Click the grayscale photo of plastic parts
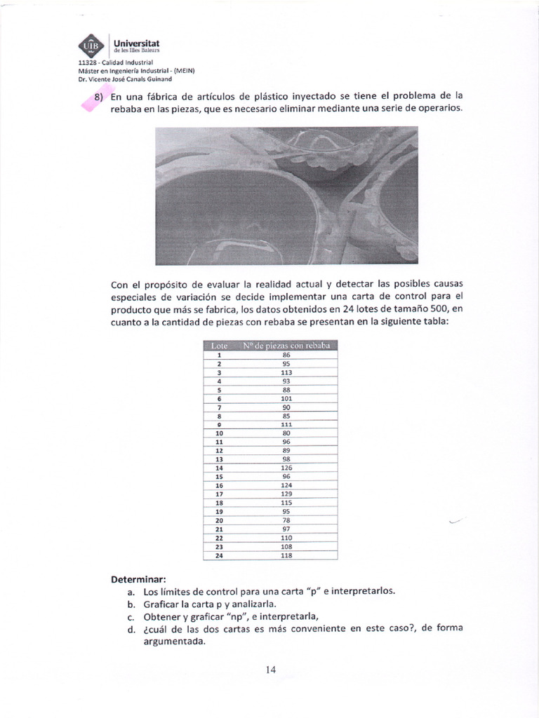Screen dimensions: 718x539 (286, 196)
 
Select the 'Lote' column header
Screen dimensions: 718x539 (220, 346)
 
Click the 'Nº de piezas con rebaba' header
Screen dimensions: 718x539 (286, 346)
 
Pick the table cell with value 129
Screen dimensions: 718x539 (286, 494)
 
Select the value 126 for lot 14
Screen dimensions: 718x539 (286, 468)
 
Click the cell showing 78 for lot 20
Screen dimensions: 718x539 (286, 520)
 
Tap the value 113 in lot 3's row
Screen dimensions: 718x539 (286, 372)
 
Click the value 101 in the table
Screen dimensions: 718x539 (286, 398)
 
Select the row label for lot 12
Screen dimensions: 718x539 (220, 450)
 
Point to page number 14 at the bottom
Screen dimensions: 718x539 (270, 670)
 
